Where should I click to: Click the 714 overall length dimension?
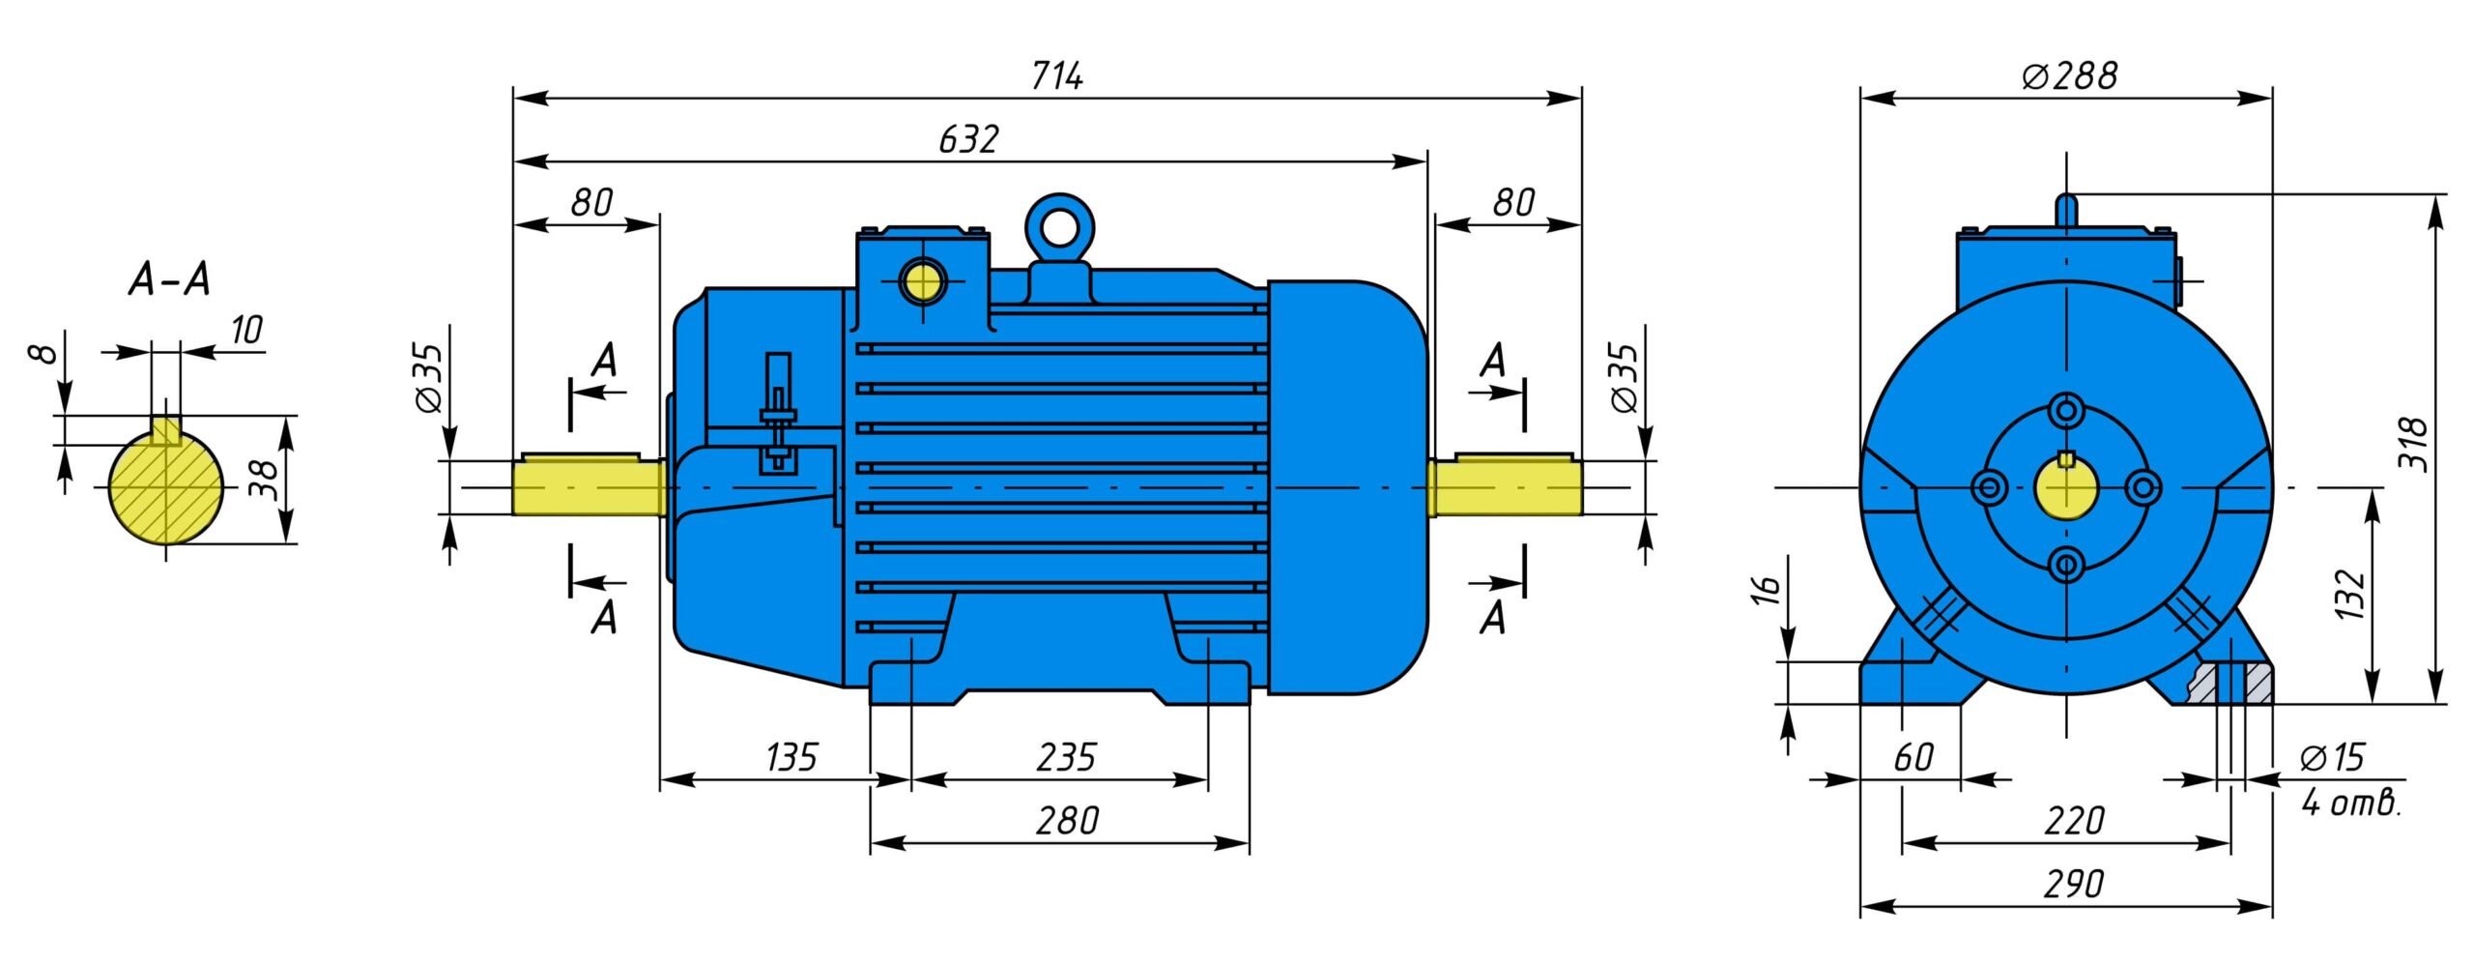(1056, 75)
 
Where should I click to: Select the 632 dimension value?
(967, 139)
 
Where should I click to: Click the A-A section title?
(169, 280)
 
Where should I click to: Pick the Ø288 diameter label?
(2069, 75)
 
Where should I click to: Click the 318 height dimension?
(2413, 445)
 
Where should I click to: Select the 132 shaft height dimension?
(2348, 593)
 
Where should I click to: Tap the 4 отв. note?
(2350, 803)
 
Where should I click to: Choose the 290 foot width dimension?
(2073, 884)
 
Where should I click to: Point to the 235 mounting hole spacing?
(1066, 757)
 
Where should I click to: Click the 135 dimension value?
(791, 757)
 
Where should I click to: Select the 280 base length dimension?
(1067, 821)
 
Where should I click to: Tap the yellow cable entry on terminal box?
(923, 282)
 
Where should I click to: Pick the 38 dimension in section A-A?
(263, 479)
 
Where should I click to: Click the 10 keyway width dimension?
(245, 330)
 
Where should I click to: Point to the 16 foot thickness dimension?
(1765, 589)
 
